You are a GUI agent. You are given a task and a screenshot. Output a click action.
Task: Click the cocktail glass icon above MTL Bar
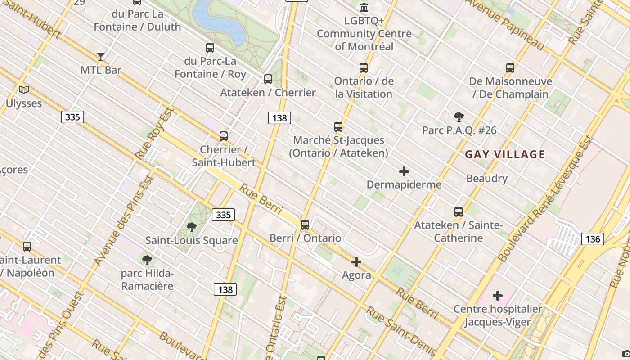pyautogui.click(x=101, y=56)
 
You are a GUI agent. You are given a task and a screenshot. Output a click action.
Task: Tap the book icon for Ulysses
pyautogui.click(x=24, y=90)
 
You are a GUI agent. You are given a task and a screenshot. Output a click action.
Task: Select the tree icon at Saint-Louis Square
pyautogui.click(x=192, y=227)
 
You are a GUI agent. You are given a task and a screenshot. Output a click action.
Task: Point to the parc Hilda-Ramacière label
pyautogui.click(x=147, y=279)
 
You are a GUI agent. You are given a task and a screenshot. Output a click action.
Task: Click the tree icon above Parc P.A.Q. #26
pyautogui.click(x=459, y=117)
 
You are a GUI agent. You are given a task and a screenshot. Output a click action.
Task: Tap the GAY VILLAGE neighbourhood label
pyautogui.click(x=504, y=155)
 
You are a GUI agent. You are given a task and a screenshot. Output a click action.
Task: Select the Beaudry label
pyautogui.click(x=487, y=178)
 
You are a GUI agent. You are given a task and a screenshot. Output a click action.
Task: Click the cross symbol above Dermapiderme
pyautogui.click(x=404, y=171)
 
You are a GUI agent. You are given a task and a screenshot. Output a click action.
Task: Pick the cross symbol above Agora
pyautogui.click(x=356, y=262)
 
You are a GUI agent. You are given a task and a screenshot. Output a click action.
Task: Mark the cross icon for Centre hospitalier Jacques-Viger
pyautogui.click(x=498, y=296)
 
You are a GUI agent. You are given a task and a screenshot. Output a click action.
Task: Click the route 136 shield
pyautogui.click(x=593, y=238)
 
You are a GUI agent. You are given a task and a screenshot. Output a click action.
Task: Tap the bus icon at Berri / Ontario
pyautogui.click(x=305, y=225)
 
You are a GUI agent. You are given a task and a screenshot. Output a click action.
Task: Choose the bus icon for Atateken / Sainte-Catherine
pyautogui.click(x=459, y=211)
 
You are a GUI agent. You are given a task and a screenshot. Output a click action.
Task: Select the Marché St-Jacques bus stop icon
pyautogui.click(x=338, y=127)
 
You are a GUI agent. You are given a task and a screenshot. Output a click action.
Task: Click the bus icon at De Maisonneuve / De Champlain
pyautogui.click(x=510, y=68)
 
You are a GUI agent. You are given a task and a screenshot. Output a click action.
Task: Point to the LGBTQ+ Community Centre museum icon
pyautogui.click(x=364, y=8)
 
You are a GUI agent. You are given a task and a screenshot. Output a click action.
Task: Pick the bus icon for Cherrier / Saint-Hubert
pyautogui.click(x=224, y=136)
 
